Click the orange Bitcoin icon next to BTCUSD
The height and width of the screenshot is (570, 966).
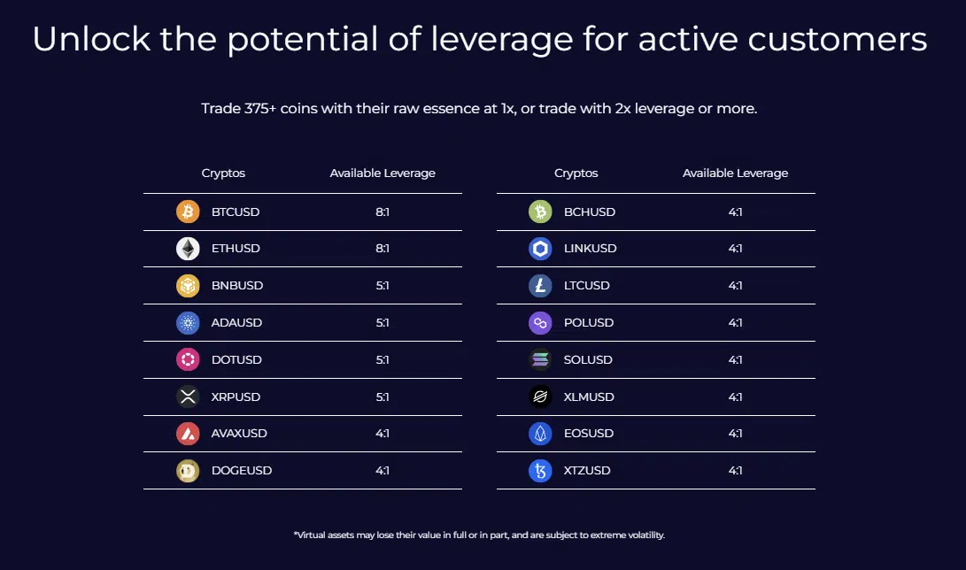coord(188,212)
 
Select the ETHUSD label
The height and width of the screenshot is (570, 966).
coord(236,249)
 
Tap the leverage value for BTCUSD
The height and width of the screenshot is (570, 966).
coord(383,212)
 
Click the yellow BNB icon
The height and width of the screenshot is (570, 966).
coord(188,286)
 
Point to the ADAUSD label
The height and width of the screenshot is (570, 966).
coord(236,323)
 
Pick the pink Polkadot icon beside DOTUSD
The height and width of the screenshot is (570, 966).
coord(188,360)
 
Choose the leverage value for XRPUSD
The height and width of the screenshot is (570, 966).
coord(383,397)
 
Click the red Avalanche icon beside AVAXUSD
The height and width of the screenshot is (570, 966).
coord(188,434)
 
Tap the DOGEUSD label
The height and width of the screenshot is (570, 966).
coord(242,471)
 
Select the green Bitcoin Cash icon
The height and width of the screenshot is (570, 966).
coord(540,212)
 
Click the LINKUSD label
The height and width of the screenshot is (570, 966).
coord(590,249)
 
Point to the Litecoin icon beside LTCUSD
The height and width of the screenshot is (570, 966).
coord(540,286)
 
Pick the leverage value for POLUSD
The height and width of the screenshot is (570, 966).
coord(735,323)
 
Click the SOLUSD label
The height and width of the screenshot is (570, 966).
coord(588,360)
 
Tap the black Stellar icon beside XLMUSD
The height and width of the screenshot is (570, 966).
coord(540,397)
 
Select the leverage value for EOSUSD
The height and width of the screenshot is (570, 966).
coord(735,434)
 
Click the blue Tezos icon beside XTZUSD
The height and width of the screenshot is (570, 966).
coord(540,471)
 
